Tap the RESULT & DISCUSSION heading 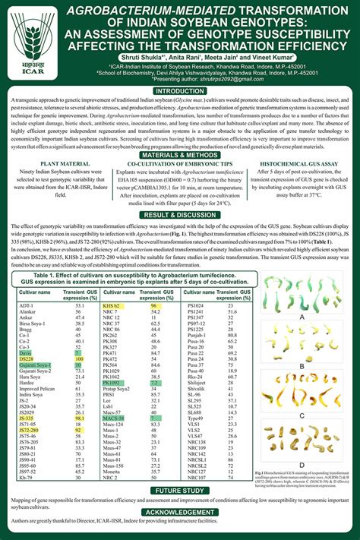click(x=180, y=235)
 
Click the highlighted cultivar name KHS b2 click(x=112, y=305)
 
